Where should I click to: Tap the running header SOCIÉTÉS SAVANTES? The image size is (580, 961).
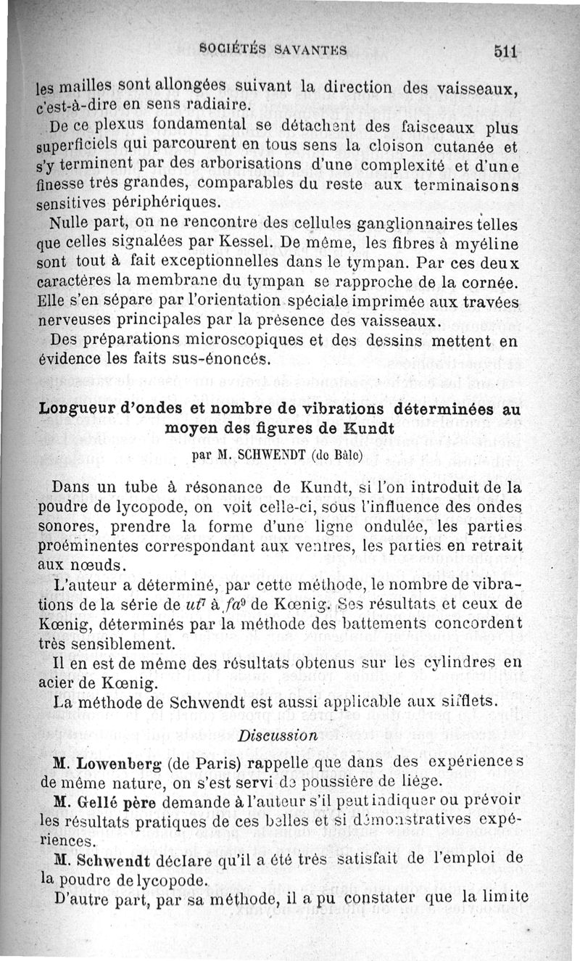point(273,50)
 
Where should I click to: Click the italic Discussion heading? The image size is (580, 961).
point(278,735)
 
